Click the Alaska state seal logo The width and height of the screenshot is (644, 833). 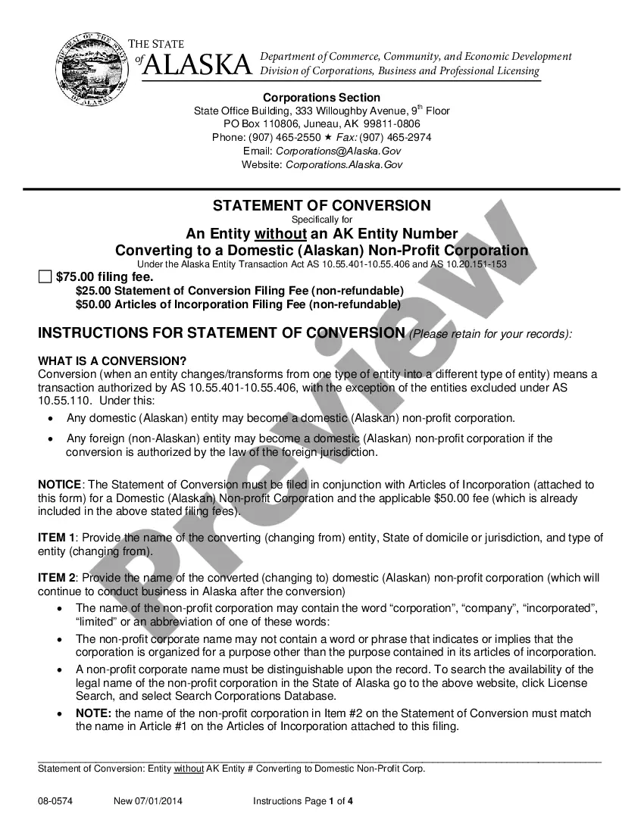coord(91,68)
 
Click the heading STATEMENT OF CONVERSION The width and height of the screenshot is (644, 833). coord(321,205)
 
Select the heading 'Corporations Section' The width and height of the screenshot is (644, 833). coord(321,98)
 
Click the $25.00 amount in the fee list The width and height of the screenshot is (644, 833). coord(91,291)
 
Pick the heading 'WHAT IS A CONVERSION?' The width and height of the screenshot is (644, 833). coord(112,360)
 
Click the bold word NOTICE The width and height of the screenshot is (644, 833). coord(59,485)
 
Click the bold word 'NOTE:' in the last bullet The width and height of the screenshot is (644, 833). coord(93,713)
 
